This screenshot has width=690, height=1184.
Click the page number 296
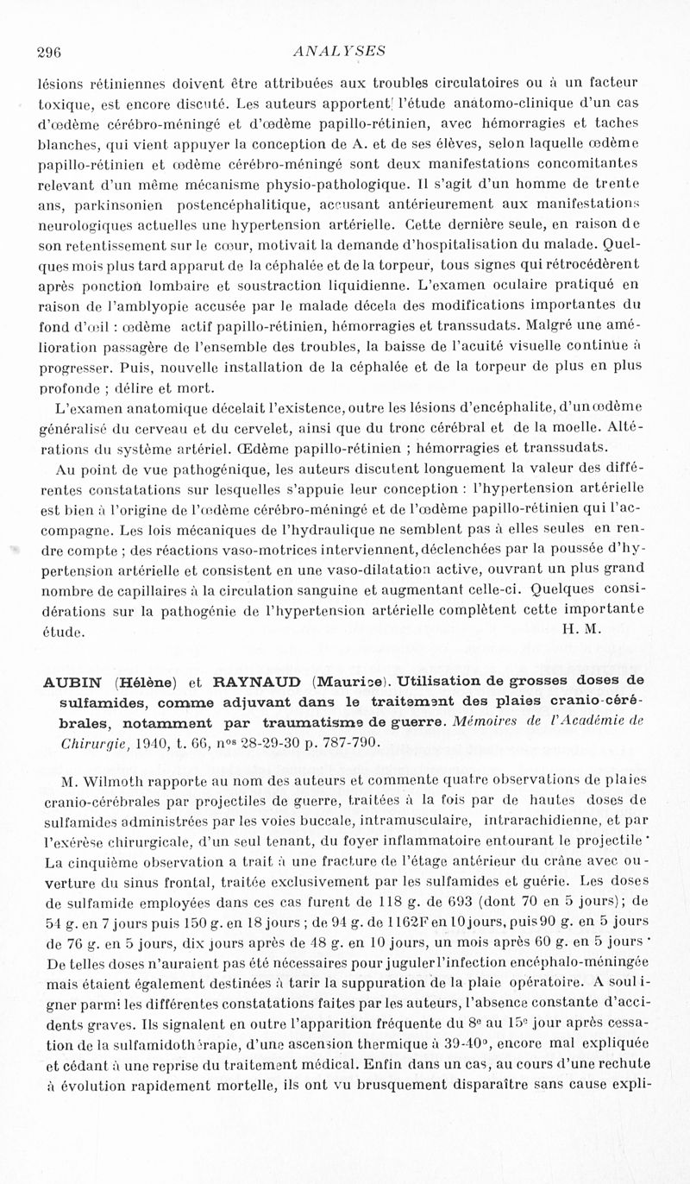point(47,51)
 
